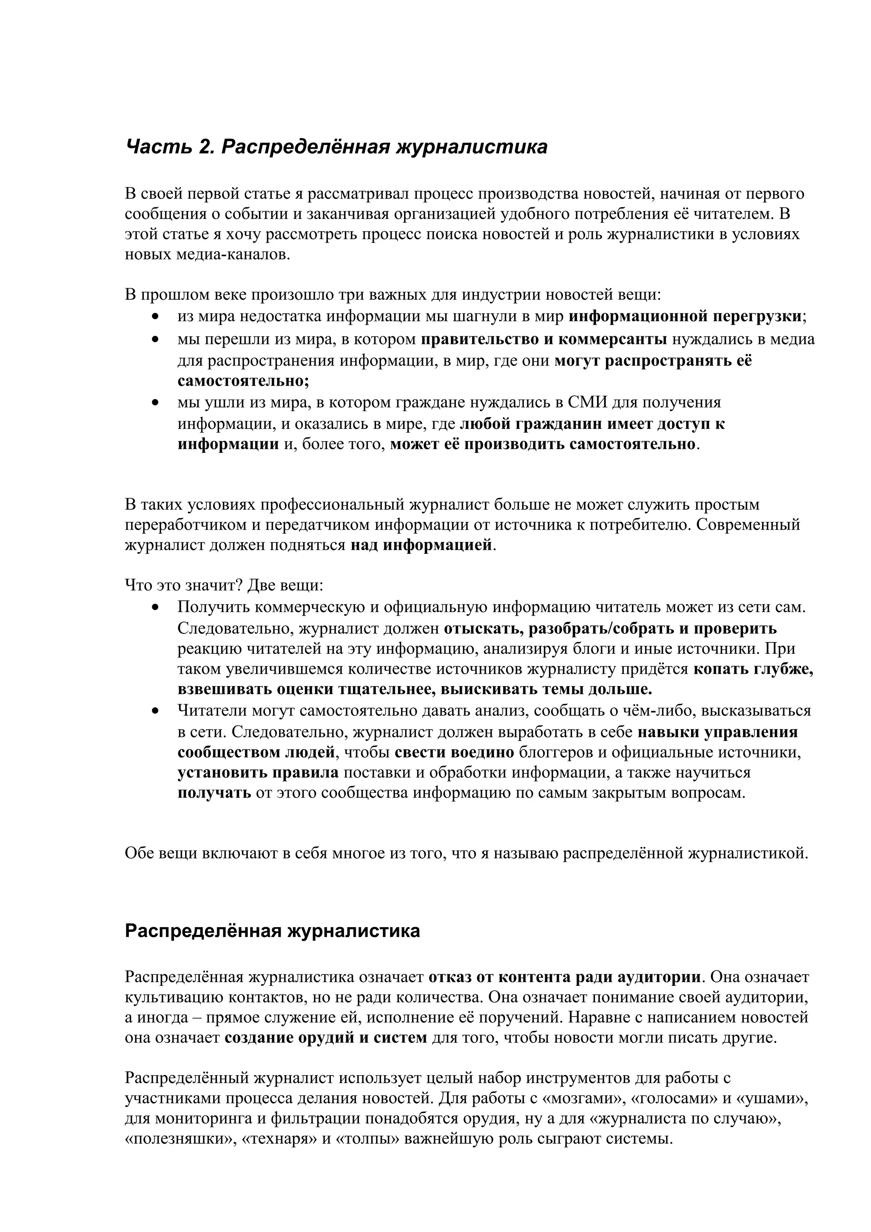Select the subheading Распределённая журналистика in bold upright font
coord(272,931)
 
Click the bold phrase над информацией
coord(421,545)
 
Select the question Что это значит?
coord(184,585)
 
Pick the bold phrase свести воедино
coord(455,752)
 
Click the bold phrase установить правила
coord(258,773)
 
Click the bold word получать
coord(214,793)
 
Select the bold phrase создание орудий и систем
coord(326,1038)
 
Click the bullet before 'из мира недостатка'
coord(156,317)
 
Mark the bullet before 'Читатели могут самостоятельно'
coord(156,711)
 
